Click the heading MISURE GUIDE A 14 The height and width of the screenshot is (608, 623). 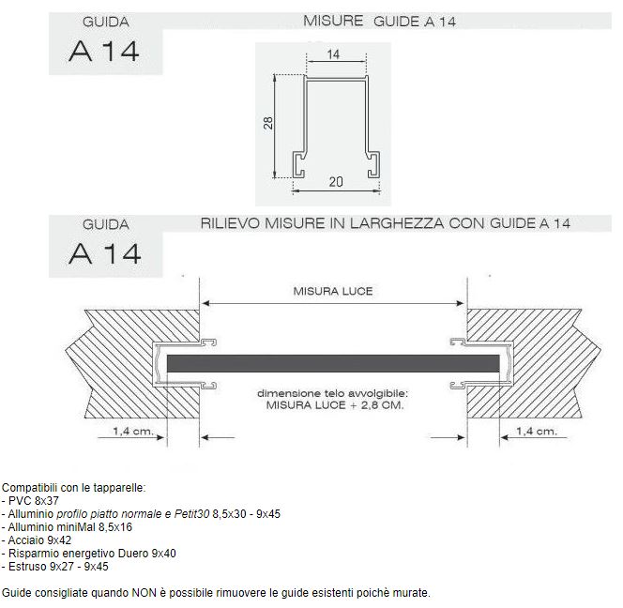click(381, 21)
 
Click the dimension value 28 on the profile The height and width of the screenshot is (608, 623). click(267, 124)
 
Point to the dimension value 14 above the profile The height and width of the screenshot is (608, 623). click(334, 55)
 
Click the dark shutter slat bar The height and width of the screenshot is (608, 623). click(334, 362)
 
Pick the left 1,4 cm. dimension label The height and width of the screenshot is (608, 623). click(129, 432)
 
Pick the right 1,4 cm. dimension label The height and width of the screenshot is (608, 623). click(537, 432)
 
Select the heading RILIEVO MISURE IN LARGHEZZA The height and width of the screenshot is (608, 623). click(386, 223)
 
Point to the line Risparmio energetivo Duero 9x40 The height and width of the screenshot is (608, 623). click(90, 554)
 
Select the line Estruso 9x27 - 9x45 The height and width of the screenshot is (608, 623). click(56, 567)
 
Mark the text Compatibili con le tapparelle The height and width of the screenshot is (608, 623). click(74, 489)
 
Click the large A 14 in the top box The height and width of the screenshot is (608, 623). click(104, 52)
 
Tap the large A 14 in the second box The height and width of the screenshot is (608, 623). click(104, 254)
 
